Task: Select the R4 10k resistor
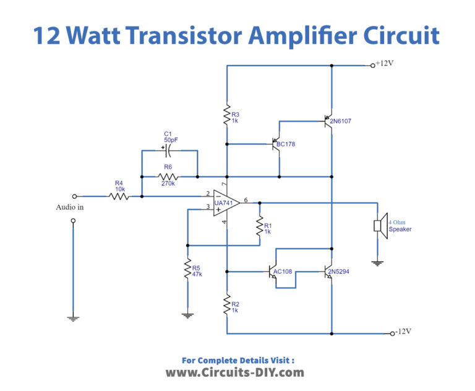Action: (119, 196)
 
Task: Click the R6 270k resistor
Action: (168, 176)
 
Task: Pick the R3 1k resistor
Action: (227, 116)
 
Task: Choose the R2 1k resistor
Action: (227, 304)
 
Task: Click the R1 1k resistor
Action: (260, 227)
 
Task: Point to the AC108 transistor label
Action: (284, 271)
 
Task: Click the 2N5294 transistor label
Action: (340, 271)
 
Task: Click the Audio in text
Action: (70, 208)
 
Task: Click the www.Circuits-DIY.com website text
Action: (234, 372)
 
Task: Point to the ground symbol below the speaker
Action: (377, 263)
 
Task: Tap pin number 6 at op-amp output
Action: (246, 200)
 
